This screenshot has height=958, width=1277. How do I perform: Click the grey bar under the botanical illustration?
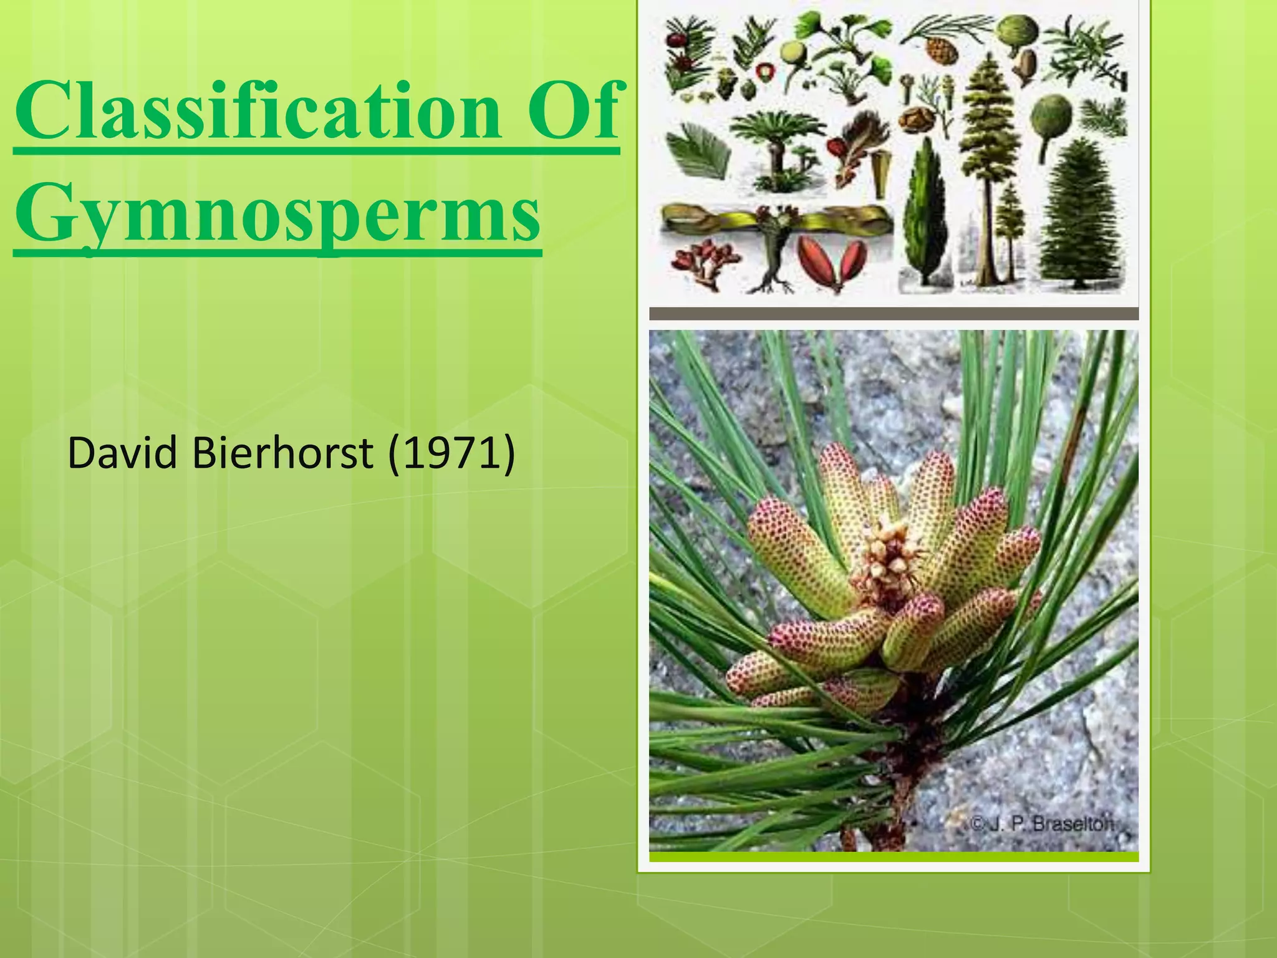point(894,314)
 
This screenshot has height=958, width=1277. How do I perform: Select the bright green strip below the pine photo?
point(894,857)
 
